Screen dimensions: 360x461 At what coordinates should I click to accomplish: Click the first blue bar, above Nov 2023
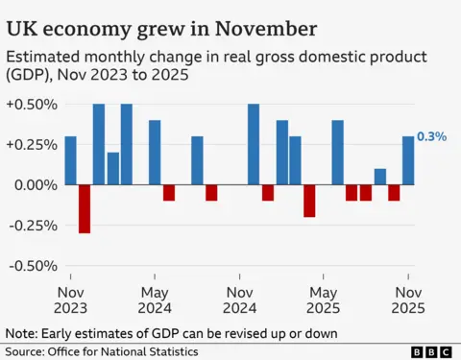tap(70, 160)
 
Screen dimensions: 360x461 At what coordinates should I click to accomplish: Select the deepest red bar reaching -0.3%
tap(85, 208)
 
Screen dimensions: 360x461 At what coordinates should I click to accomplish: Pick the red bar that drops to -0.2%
tap(309, 201)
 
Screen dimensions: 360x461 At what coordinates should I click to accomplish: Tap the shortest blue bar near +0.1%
tap(380, 177)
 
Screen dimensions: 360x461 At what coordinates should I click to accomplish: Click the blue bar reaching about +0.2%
tap(112, 168)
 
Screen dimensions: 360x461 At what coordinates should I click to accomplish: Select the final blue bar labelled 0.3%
tap(408, 160)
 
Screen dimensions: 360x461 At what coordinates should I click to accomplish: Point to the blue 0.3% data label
tap(432, 137)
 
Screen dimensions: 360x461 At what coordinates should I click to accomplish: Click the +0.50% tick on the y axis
tap(31, 104)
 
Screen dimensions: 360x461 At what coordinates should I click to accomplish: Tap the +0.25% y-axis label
tap(31, 144)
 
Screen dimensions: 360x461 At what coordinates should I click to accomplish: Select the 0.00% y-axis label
tap(35, 184)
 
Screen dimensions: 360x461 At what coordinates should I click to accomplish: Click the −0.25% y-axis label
tap(31, 226)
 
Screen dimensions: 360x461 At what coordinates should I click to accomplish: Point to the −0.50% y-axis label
tap(31, 266)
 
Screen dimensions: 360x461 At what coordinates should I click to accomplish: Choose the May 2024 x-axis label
tap(155, 300)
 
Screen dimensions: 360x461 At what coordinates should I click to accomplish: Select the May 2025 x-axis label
tap(324, 300)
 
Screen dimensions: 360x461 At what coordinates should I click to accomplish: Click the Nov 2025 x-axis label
tap(408, 300)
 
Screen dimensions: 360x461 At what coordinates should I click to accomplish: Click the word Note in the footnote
tap(23, 333)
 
